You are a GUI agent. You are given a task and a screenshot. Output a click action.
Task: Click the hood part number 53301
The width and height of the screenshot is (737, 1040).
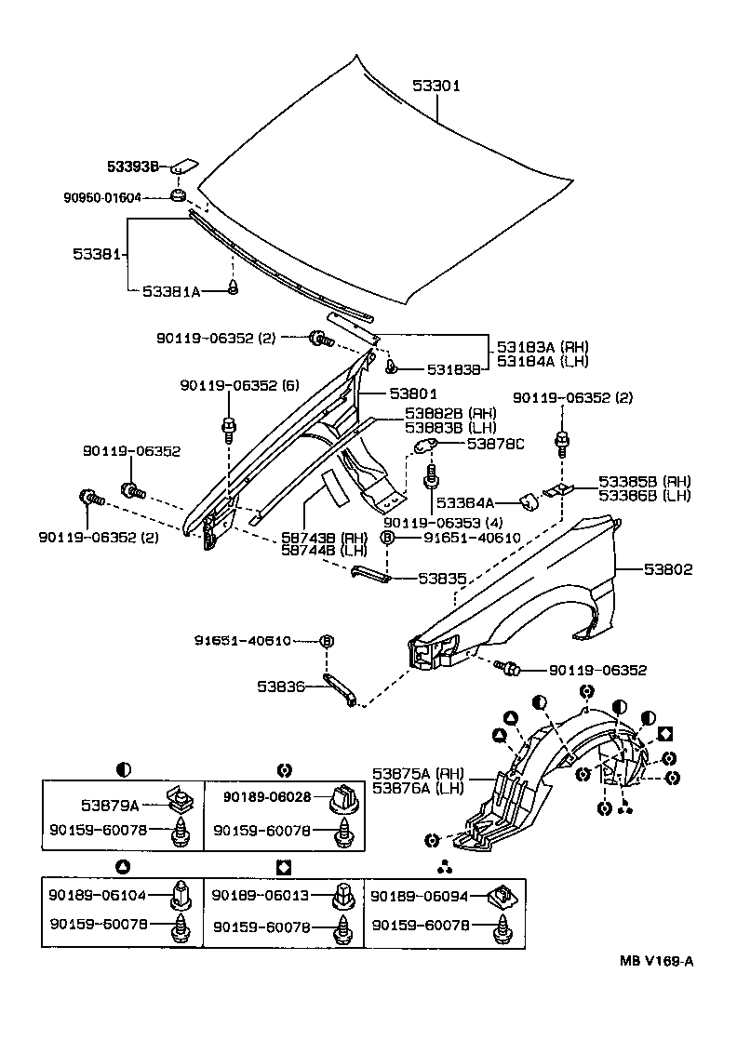tap(437, 86)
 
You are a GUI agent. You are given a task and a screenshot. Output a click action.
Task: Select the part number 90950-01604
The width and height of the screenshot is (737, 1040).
tap(102, 197)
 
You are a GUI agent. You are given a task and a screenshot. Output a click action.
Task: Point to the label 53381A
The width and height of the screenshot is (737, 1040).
tap(170, 291)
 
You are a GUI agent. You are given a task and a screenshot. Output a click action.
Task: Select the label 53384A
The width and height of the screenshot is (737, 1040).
tap(472, 501)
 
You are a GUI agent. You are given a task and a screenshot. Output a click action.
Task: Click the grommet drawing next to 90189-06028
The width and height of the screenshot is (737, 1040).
tap(346, 798)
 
